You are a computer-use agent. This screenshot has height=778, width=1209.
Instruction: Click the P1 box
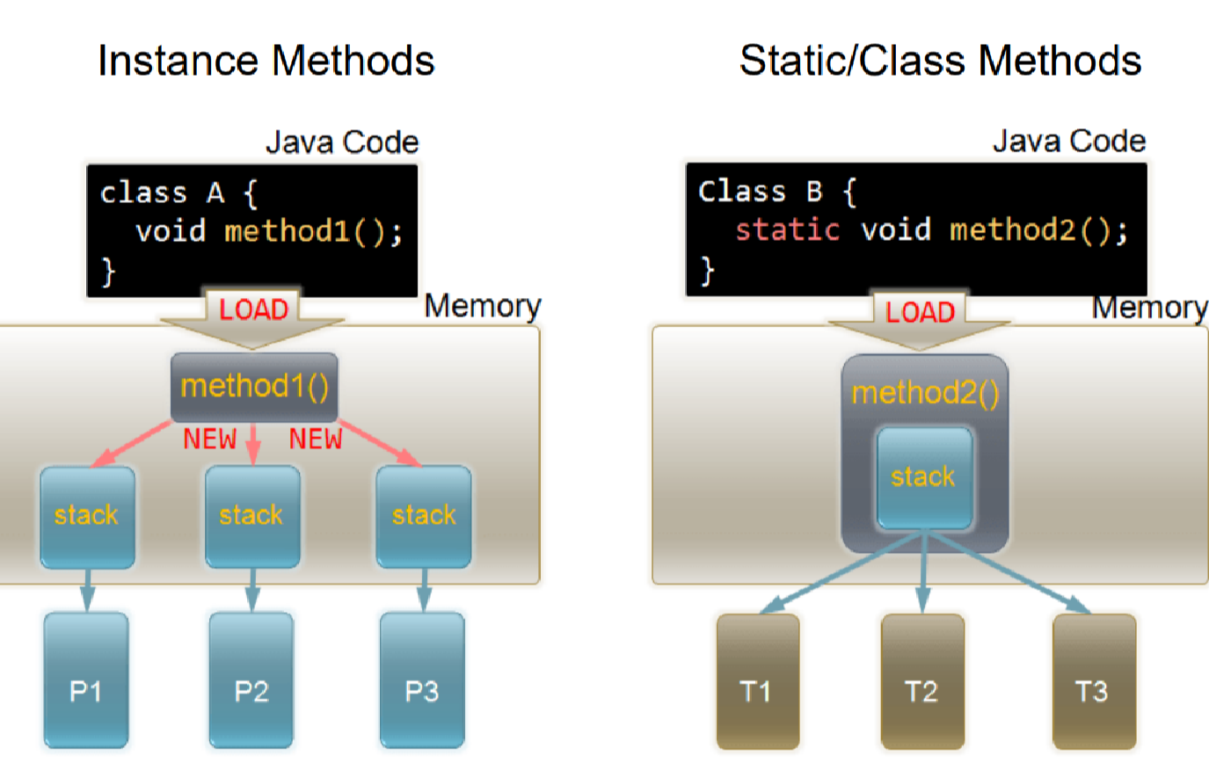[86, 680]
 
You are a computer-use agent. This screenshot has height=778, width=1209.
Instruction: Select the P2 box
[251, 680]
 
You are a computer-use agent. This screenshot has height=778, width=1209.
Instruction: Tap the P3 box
[422, 680]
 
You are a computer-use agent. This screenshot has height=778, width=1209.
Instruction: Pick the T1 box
[757, 681]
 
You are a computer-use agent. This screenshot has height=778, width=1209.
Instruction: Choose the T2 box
[922, 681]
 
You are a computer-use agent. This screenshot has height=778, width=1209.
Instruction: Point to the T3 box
[1094, 681]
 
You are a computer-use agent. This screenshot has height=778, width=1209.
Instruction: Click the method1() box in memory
[254, 386]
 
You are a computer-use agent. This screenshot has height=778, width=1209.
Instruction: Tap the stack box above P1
[87, 516]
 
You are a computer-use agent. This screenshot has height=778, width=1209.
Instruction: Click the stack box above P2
[252, 516]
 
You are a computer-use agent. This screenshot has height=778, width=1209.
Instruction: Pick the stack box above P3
[424, 516]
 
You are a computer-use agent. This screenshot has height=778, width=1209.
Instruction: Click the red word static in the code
[787, 230]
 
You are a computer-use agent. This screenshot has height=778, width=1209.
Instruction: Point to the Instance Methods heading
[266, 62]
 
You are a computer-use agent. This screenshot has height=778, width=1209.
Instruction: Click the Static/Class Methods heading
[940, 62]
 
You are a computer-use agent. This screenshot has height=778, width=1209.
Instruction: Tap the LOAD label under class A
[253, 309]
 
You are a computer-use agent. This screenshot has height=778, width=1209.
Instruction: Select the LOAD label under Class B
[920, 312]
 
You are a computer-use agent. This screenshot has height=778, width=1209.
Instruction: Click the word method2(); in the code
[1038, 230]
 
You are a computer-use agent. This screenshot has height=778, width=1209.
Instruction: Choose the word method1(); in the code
[313, 232]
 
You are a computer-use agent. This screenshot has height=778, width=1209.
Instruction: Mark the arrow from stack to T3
[1011, 571]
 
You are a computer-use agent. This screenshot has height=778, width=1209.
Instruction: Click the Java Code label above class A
[342, 142]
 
